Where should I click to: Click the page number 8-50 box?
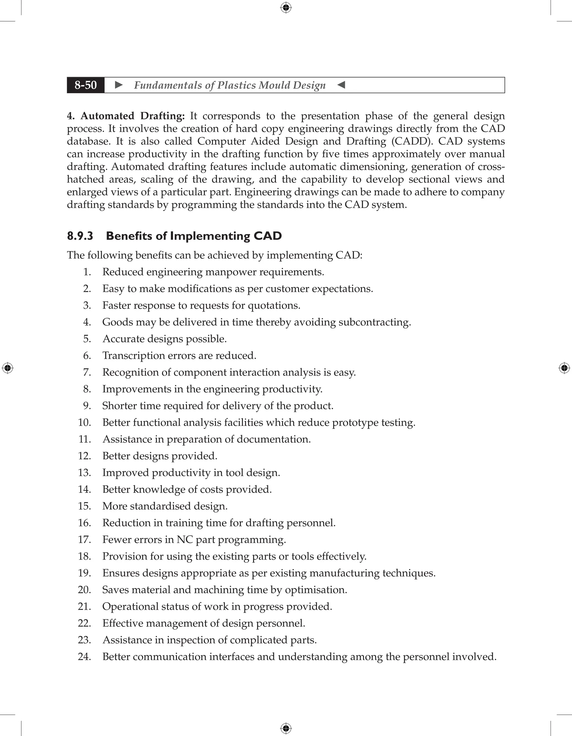pyautogui.click(x=86, y=85)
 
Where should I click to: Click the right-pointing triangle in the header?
pyautogui.click(x=119, y=85)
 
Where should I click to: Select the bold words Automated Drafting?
pyautogui.click(x=132, y=116)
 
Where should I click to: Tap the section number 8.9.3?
pyautogui.click(x=80, y=236)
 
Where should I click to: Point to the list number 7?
pyautogui.click(x=87, y=372)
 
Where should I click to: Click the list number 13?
pyautogui.click(x=85, y=473)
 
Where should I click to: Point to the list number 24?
pyautogui.click(x=85, y=656)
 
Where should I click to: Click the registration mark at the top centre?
pyautogui.click(x=286, y=8)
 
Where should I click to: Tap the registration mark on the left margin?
pyautogui.click(x=8, y=368)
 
